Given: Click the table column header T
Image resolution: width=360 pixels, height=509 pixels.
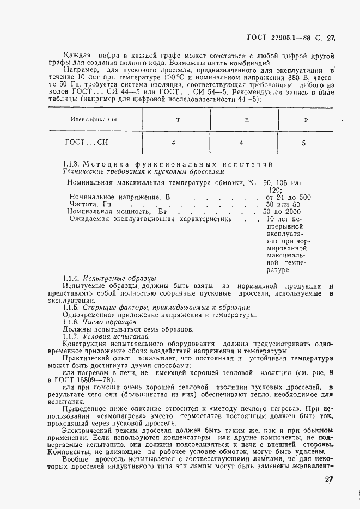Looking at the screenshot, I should coord(178,119).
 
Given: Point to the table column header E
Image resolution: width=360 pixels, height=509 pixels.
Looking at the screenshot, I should coord(246,119).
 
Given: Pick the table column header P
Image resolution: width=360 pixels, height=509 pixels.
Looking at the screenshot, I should coord(306,119).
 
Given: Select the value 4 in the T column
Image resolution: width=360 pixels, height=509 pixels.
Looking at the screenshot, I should coord(173,143).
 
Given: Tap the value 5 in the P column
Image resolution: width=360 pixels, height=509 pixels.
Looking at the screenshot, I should coord(303,144).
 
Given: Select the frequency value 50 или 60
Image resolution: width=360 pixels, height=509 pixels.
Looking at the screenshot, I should coord(285,204).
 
